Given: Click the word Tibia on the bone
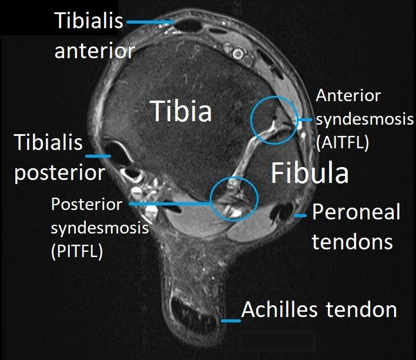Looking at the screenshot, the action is pyautogui.click(x=181, y=111).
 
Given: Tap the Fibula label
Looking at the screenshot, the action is pyautogui.click(x=309, y=173).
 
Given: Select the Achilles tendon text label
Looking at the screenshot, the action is pyautogui.click(x=319, y=309).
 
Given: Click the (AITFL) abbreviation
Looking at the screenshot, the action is pyautogui.click(x=342, y=143).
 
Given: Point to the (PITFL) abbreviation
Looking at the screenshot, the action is pyautogui.click(x=76, y=251).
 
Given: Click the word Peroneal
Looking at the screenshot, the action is pyautogui.click(x=356, y=212).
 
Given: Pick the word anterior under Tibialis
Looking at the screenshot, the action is pyautogui.click(x=95, y=51).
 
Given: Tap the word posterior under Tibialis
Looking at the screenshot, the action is pyautogui.click(x=60, y=173).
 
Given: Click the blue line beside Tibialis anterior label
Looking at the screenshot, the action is pyautogui.click(x=150, y=22).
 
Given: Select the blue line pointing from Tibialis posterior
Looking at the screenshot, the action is pyautogui.click(x=98, y=156).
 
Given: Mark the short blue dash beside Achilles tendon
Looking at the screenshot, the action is pyautogui.click(x=231, y=321).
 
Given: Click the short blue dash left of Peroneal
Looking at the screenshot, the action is pyautogui.click(x=300, y=215).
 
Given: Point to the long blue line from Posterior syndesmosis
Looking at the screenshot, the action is pyautogui.click(x=170, y=204).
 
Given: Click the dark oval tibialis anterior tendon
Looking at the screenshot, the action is pyautogui.click(x=189, y=26).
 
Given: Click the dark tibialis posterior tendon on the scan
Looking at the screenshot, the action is pyautogui.click(x=118, y=151).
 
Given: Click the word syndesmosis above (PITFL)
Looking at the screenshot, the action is pyautogui.click(x=100, y=228).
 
